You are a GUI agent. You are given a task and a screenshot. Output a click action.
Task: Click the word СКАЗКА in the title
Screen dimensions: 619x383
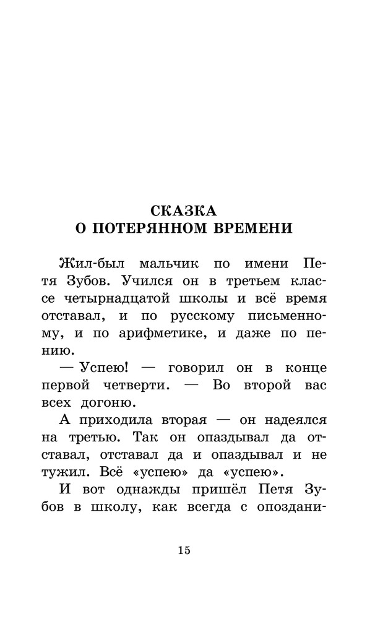(191, 209)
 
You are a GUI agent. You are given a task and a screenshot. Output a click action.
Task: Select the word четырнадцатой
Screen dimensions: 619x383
(134, 298)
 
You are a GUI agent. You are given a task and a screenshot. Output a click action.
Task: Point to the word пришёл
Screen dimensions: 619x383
(208, 490)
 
